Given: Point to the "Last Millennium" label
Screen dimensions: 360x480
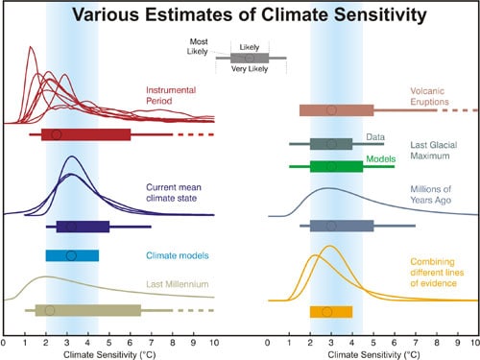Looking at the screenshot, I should [179, 285].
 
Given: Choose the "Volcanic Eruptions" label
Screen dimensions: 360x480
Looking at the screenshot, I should [428, 97].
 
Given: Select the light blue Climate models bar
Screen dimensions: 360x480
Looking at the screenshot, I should [72, 255].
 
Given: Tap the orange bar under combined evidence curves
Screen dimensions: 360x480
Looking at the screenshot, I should [330, 312].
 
